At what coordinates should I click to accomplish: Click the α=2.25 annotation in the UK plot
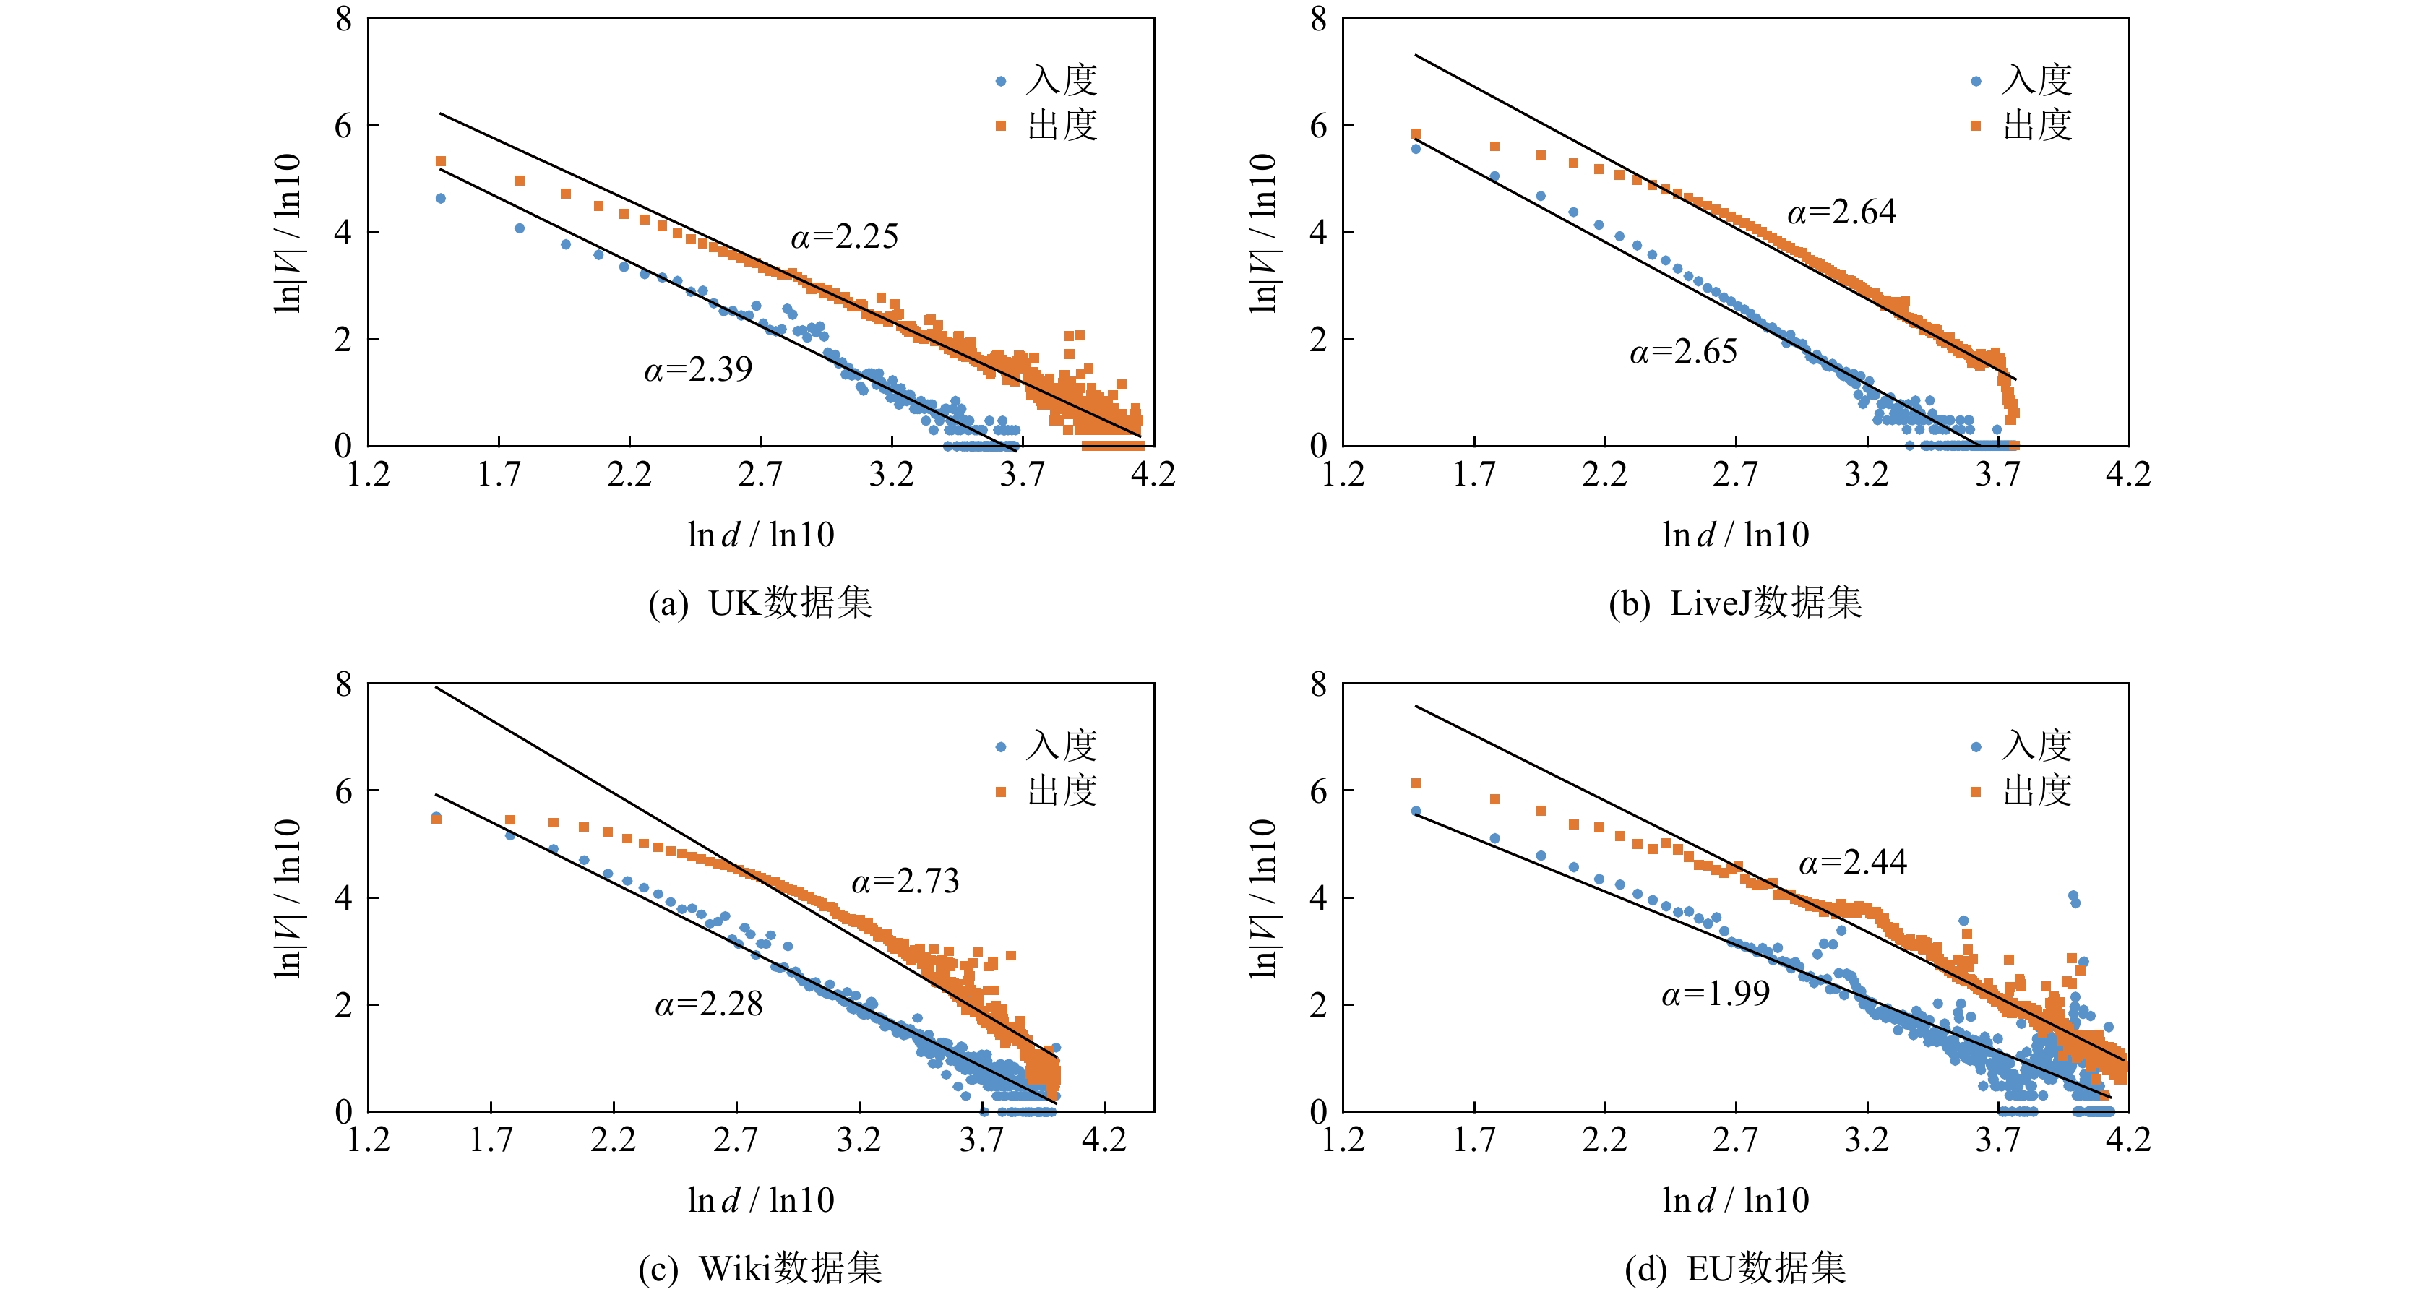pyautogui.click(x=844, y=236)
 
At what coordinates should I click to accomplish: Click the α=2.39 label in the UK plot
pyautogui.click(x=697, y=370)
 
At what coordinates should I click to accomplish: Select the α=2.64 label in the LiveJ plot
pyautogui.click(x=1841, y=212)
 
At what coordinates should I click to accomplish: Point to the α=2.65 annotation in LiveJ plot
pyautogui.click(x=1683, y=352)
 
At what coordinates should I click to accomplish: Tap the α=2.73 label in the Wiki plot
pyautogui.click(x=905, y=881)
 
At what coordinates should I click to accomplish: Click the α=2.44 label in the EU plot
pyautogui.click(x=1852, y=862)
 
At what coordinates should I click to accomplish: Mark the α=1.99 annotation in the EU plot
pyautogui.click(x=1715, y=994)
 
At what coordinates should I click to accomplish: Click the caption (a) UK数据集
pyautogui.click(x=760, y=603)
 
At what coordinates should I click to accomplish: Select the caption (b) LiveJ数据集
pyautogui.click(x=1734, y=603)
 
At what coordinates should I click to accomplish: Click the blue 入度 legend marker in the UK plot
pyautogui.click(x=1001, y=82)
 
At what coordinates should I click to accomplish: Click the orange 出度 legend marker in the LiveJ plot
pyautogui.click(x=1976, y=126)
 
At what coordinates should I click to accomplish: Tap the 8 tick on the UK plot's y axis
pyautogui.click(x=343, y=19)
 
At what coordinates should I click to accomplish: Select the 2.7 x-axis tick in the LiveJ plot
pyautogui.click(x=1734, y=475)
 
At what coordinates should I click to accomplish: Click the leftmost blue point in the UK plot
pyautogui.click(x=440, y=199)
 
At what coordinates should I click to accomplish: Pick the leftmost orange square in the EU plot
pyautogui.click(x=1416, y=783)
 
